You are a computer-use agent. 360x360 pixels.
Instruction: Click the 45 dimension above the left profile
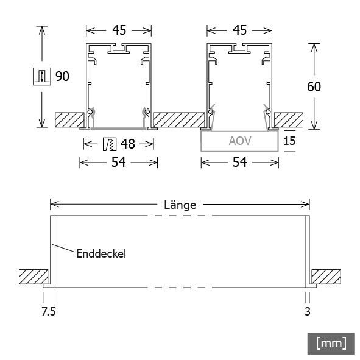click(x=118, y=30)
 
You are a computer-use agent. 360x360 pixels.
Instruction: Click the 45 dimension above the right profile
click(x=240, y=30)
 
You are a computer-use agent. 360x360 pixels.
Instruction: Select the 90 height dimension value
click(x=63, y=77)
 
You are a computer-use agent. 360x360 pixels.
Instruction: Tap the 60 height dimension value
click(x=314, y=86)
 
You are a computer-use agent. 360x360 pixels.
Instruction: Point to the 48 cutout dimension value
click(x=127, y=144)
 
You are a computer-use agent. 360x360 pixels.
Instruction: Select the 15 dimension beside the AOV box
click(x=290, y=141)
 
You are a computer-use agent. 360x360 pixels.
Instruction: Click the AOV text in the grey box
click(x=240, y=141)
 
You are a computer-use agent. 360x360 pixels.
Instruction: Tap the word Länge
click(x=180, y=205)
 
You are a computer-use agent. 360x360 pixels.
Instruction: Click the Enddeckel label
click(x=101, y=253)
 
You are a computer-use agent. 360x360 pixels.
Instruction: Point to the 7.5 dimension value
click(x=49, y=312)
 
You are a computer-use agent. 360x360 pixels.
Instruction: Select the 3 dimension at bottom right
click(x=308, y=312)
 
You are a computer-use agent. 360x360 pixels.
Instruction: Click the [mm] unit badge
click(x=331, y=343)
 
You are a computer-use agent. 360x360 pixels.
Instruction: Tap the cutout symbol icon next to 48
click(x=109, y=144)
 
